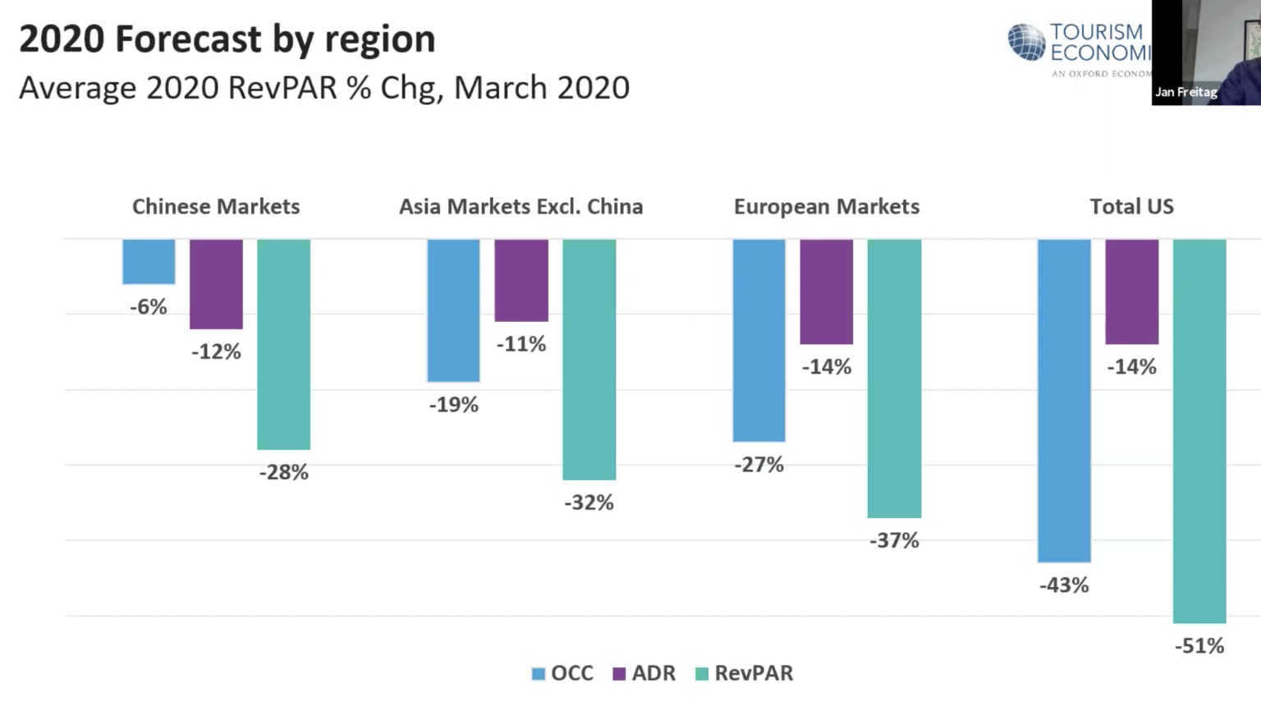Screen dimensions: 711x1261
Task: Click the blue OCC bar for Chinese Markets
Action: point(149,262)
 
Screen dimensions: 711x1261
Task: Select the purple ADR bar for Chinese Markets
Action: point(216,284)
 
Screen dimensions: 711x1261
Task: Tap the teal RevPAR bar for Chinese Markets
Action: point(283,344)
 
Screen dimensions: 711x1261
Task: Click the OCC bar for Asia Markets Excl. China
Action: point(453,310)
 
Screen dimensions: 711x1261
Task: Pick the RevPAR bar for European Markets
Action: point(894,378)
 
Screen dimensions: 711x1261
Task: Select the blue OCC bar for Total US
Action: point(1064,401)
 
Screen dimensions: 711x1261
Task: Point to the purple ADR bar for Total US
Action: point(1131,291)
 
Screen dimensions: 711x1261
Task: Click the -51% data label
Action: point(1199,646)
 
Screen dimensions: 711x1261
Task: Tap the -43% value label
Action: point(1064,585)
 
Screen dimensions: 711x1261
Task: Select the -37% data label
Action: point(894,540)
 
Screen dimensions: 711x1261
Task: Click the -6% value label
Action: point(149,307)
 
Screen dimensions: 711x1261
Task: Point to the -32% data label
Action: point(589,502)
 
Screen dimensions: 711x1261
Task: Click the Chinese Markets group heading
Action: point(216,207)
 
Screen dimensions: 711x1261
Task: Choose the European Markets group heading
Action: point(826,207)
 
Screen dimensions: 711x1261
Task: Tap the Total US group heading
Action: point(1131,207)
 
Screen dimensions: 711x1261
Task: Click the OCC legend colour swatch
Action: point(539,674)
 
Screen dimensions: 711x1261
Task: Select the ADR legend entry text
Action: point(653,673)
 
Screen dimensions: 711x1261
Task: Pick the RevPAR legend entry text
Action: point(754,673)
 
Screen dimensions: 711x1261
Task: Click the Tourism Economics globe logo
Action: point(1026,43)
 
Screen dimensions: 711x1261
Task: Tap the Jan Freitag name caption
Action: point(1185,92)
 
